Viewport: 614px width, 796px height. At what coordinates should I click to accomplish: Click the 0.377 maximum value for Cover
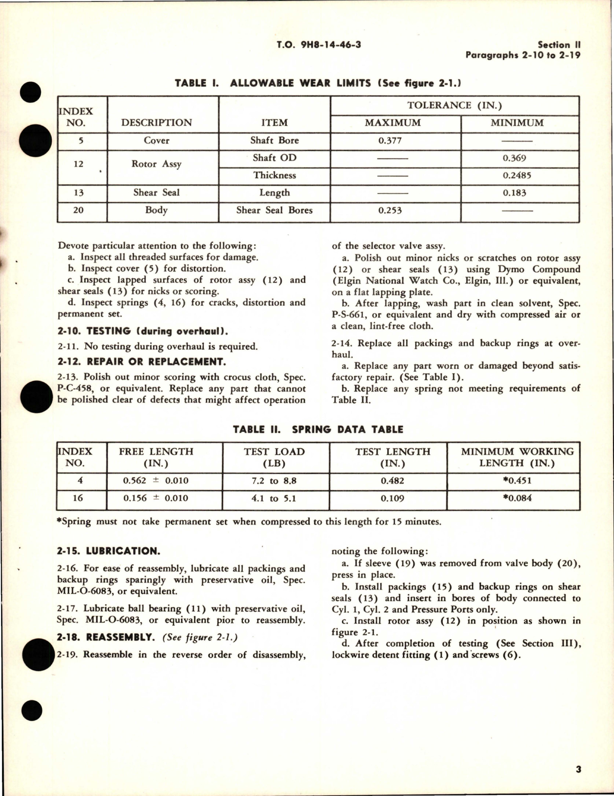click(x=390, y=141)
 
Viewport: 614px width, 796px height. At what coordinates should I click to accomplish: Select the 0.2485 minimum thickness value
click(x=517, y=176)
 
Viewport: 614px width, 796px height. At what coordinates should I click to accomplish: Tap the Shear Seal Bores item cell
click(x=274, y=210)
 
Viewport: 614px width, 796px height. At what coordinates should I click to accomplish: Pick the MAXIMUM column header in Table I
click(x=393, y=123)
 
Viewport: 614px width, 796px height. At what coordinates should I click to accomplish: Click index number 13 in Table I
click(x=79, y=193)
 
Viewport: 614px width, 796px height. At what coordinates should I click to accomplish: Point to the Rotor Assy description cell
click(x=156, y=164)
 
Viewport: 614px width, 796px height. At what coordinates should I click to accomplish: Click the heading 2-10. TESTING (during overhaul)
click(x=142, y=331)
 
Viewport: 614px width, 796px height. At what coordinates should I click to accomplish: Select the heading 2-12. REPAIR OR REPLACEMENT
click(x=141, y=361)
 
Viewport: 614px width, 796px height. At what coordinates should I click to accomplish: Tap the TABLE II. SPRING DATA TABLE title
click(x=318, y=429)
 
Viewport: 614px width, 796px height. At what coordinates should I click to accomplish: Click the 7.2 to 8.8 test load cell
click(x=274, y=481)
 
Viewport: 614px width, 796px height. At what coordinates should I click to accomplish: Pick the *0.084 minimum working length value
click(x=517, y=498)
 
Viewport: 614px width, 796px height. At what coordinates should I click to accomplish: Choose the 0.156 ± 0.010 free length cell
click(x=156, y=498)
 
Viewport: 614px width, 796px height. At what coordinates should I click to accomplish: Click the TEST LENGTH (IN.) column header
click(x=393, y=457)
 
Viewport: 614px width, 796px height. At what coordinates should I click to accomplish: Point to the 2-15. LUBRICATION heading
click(x=108, y=551)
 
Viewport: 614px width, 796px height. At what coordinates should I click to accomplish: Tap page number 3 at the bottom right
click(x=578, y=770)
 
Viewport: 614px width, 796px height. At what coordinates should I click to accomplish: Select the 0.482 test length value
click(x=393, y=481)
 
